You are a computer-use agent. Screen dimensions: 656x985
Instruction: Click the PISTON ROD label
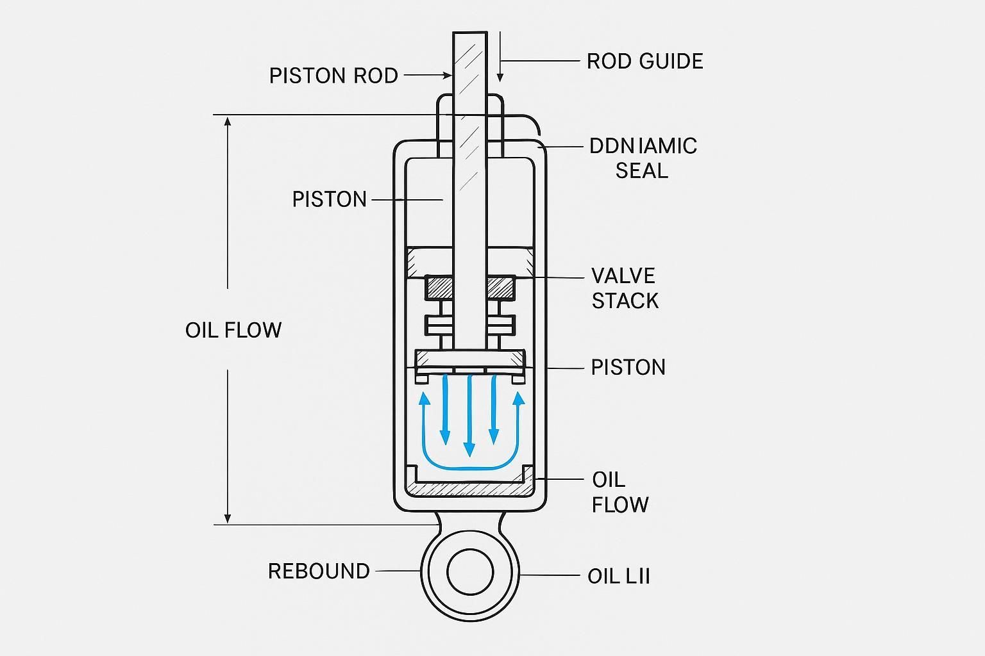[333, 76]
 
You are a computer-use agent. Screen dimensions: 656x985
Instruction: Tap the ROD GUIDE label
[644, 61]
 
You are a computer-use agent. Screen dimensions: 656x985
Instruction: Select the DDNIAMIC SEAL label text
[643, 158]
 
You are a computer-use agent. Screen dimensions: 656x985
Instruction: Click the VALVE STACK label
[625, 288]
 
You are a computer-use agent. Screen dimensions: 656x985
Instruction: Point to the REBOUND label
[319, 571]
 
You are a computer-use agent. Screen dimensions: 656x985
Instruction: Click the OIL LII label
[618, 576]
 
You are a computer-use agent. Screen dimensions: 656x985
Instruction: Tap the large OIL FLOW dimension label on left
[233, 330]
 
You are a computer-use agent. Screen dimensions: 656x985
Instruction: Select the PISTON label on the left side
[329, 199]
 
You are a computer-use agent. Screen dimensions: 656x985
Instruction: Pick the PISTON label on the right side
[628, 367]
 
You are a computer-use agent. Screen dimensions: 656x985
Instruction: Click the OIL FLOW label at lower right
[619, 492]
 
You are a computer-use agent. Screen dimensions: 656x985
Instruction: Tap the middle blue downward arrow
[469, 416]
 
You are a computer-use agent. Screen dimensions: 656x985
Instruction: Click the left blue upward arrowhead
[424, 399]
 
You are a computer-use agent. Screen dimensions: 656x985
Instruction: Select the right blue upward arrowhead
[518, 399]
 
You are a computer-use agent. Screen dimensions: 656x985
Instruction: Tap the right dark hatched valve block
[501, 287]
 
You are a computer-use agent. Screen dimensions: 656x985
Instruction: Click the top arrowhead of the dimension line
[228, 123]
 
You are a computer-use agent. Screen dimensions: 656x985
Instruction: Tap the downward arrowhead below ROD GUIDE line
[500, 78]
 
